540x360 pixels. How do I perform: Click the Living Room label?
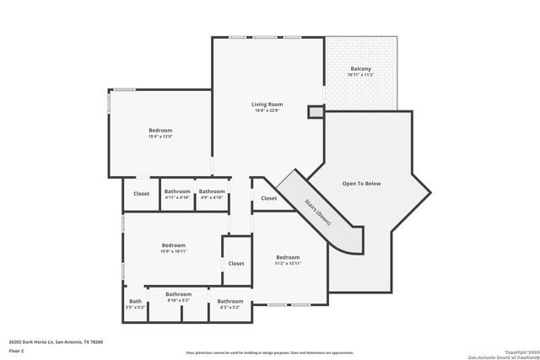click(x=266, y=104)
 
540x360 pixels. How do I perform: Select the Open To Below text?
click(x=361, y=183)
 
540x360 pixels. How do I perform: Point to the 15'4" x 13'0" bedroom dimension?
click(x=160, y=137)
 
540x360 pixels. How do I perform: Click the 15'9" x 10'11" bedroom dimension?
click(x=173, y=251)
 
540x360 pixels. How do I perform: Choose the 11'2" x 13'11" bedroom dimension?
click(x=288, y=264)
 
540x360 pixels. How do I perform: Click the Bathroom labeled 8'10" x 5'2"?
click(x=178, y=300)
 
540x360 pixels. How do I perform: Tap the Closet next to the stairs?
click(x=268, y=198)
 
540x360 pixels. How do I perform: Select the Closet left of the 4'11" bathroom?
click(x=141, y=193)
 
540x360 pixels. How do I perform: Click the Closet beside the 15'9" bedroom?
click(x=236, y=263)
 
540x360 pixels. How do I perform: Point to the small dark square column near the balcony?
click(x=315, y=111)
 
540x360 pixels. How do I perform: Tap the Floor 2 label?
click(x=17, y=350)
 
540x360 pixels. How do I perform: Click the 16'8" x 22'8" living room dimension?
click(x=266, y=110)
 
